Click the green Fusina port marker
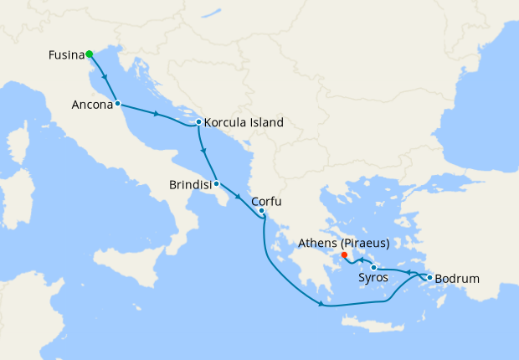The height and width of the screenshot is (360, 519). (89, 54)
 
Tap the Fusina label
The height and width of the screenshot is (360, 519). (64, 56)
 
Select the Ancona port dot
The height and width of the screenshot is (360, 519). (117, 104)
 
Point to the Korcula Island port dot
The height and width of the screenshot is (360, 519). (198, 122)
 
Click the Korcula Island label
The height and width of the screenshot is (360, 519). (244, 122)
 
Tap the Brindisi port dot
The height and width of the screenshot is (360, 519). (216, 183)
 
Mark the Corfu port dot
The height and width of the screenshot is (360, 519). (261, 210)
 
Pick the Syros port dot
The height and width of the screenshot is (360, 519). (373, 267)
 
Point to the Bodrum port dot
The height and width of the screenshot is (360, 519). (429, 277)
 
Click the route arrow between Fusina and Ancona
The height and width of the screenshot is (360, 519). (105, 79)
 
